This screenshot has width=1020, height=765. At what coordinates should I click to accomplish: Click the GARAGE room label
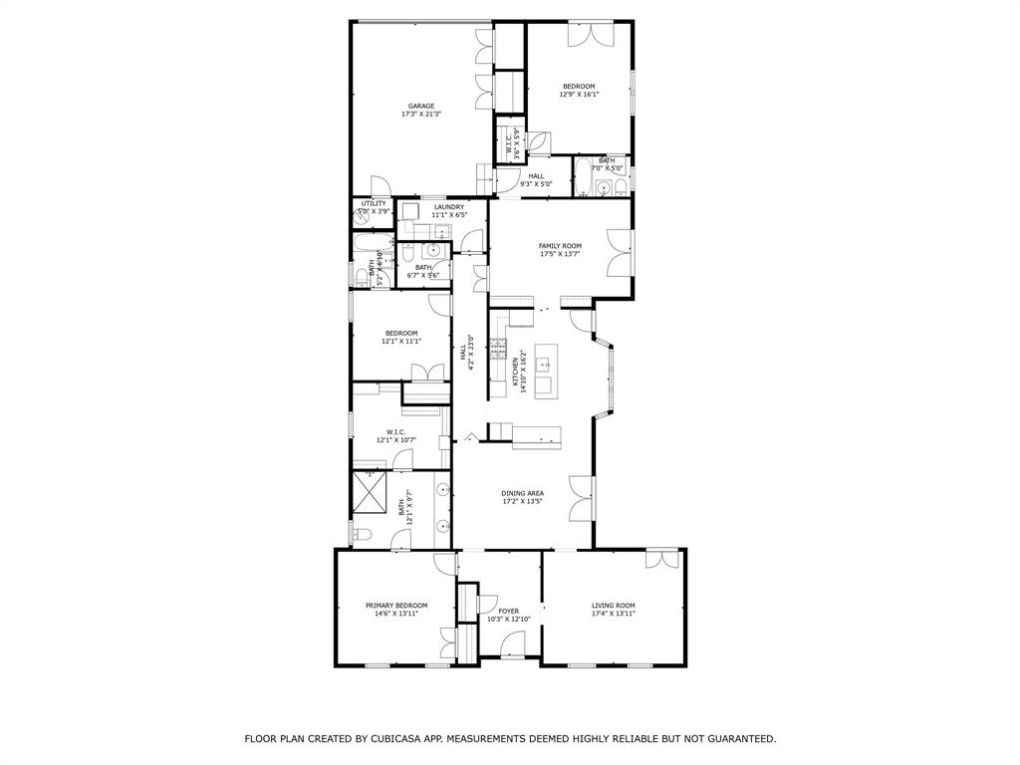(420, 106)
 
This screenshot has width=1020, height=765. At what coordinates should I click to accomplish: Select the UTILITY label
(374, 203)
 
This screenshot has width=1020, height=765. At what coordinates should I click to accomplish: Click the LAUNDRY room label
(449, 207)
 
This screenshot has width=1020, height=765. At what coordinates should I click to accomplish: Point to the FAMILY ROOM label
(560, 246)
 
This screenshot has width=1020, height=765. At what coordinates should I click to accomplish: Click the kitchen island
(544, 371)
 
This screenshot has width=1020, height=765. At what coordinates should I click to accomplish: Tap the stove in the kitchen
(498, 350)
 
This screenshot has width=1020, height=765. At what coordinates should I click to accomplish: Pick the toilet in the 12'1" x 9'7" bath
(361, 537)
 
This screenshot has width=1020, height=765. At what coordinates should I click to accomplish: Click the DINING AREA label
(522, 493)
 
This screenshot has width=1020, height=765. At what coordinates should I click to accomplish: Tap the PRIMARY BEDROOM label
(395, 606)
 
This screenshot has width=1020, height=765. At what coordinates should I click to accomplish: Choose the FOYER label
(508, 611)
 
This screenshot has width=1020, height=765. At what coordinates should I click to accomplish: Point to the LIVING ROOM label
(613, 606)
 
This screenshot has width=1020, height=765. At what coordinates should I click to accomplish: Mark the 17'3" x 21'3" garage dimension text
(420, 115)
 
